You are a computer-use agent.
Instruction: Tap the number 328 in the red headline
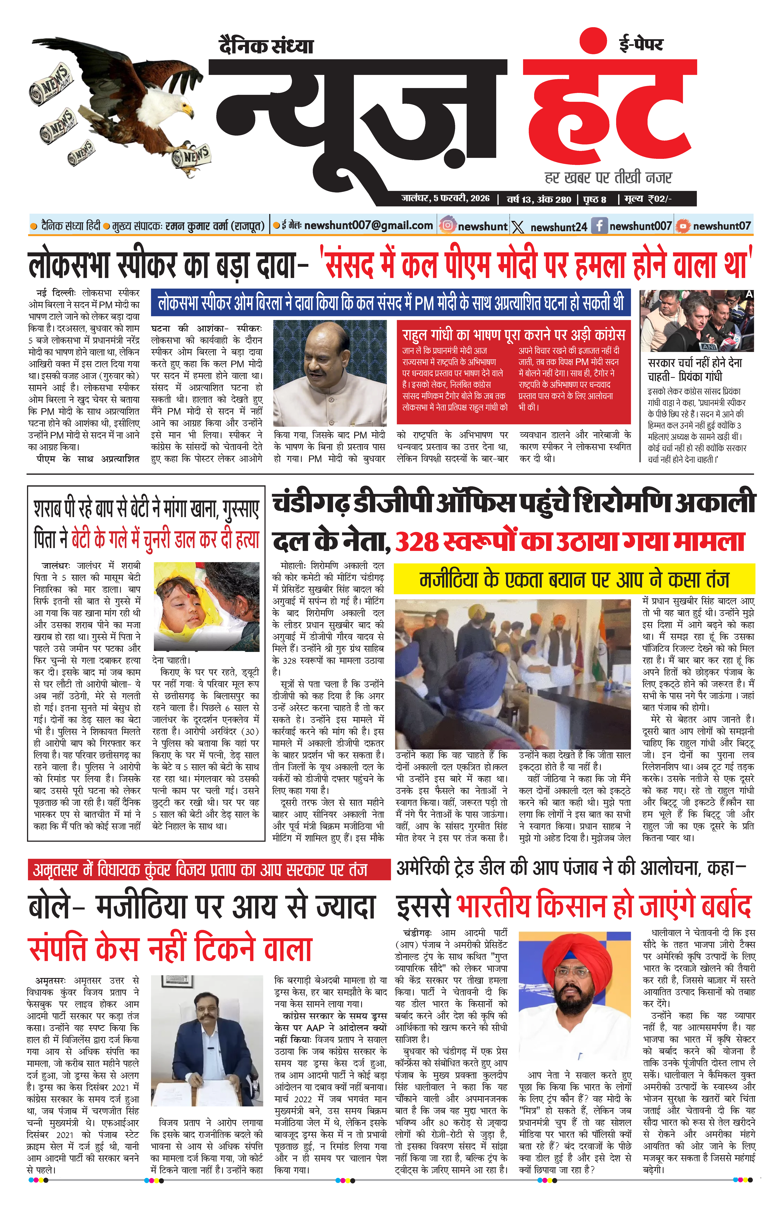(x=416, y=542)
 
